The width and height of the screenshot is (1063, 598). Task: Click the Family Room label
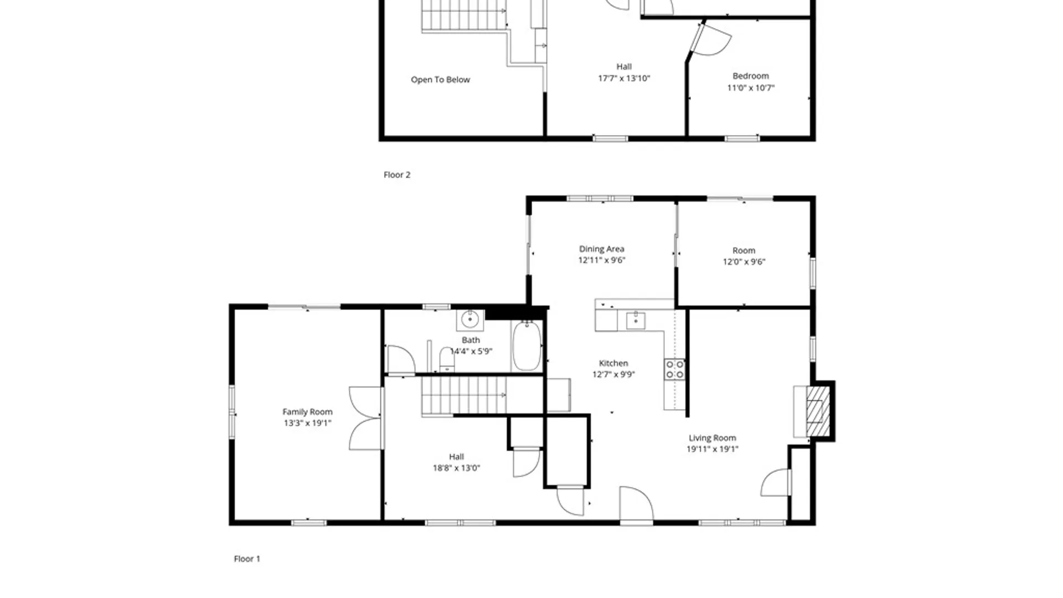pos(307,411)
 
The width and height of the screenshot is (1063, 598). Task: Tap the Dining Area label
pos(601,249)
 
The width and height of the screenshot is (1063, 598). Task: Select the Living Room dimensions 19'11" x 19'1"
pos(712,449)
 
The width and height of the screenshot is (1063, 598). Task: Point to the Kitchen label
pos(613,363)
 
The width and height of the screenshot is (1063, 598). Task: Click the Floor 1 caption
pos(247,559)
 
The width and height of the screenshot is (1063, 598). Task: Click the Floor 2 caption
pos(397,175)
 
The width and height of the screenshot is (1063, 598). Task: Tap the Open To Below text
pos(440,80)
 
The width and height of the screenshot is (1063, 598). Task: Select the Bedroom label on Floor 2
pos(750,76)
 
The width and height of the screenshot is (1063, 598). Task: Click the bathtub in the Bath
pos(527,346)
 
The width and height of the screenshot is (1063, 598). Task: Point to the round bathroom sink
pos(470,319)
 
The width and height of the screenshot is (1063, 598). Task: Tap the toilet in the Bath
pos(446,359)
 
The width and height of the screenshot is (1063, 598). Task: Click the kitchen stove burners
pos(674,369)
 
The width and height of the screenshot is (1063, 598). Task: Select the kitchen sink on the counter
pos(636,321)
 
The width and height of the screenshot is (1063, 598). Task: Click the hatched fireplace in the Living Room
pos(818,410)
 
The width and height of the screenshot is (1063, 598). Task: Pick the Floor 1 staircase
pos(464,395)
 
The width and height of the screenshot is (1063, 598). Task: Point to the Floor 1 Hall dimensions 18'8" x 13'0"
pos(456,468)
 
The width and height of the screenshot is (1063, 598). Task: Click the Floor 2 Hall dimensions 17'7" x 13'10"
pos(624,79)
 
